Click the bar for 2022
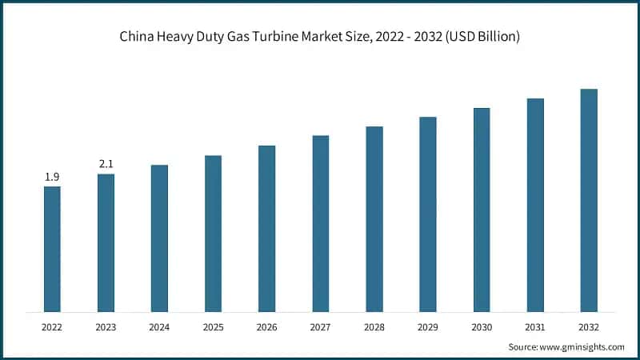coord(52,249)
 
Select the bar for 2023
coord(106,242)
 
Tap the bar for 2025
coord(213,233)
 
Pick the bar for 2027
coord(320,223)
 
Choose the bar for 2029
coord(428,214)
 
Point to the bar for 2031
coord(535,205)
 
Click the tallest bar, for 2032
coord(589,200)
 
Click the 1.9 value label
coord(52,177)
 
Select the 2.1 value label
coord(106,164)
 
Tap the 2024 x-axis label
coord(159,327)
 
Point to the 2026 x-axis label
coord(266,327)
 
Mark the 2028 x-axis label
coord(374,327)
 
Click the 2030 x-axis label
coord(482,327)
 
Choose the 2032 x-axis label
coord(589,327)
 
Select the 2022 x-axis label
coord(52,327)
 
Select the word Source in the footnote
coord(524,347)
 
